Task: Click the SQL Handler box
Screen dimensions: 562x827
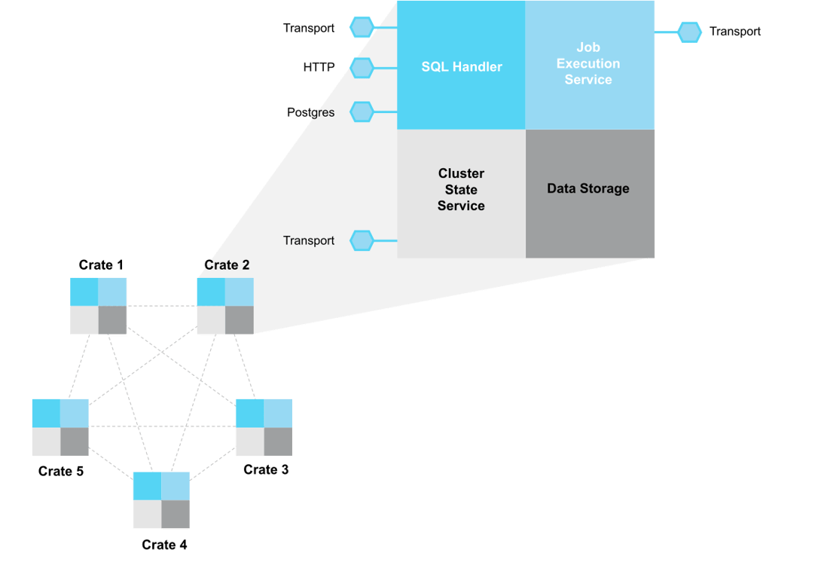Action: [461, 66]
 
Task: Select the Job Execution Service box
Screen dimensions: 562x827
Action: [589, 64]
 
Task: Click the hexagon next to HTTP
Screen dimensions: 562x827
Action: [362, 68]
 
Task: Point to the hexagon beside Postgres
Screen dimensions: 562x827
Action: [362, 112]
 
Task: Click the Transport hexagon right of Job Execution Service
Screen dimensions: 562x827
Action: [689, 32]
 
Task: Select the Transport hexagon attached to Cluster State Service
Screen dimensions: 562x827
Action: [362, 240]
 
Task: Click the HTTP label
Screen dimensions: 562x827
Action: [319, 68]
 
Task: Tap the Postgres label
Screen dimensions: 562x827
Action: [310, 112]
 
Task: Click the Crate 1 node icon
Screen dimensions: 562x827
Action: [99, 305]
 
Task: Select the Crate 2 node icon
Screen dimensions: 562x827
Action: [225, 305]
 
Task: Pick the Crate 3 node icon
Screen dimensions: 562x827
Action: [264, 427]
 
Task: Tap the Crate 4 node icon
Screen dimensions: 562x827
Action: [161, 500]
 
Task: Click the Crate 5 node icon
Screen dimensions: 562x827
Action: [60, 427]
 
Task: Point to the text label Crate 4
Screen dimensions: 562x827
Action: [164, 545]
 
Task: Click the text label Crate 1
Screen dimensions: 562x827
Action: [101, 265]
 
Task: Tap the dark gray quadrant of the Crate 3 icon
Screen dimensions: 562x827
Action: [278, 441]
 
